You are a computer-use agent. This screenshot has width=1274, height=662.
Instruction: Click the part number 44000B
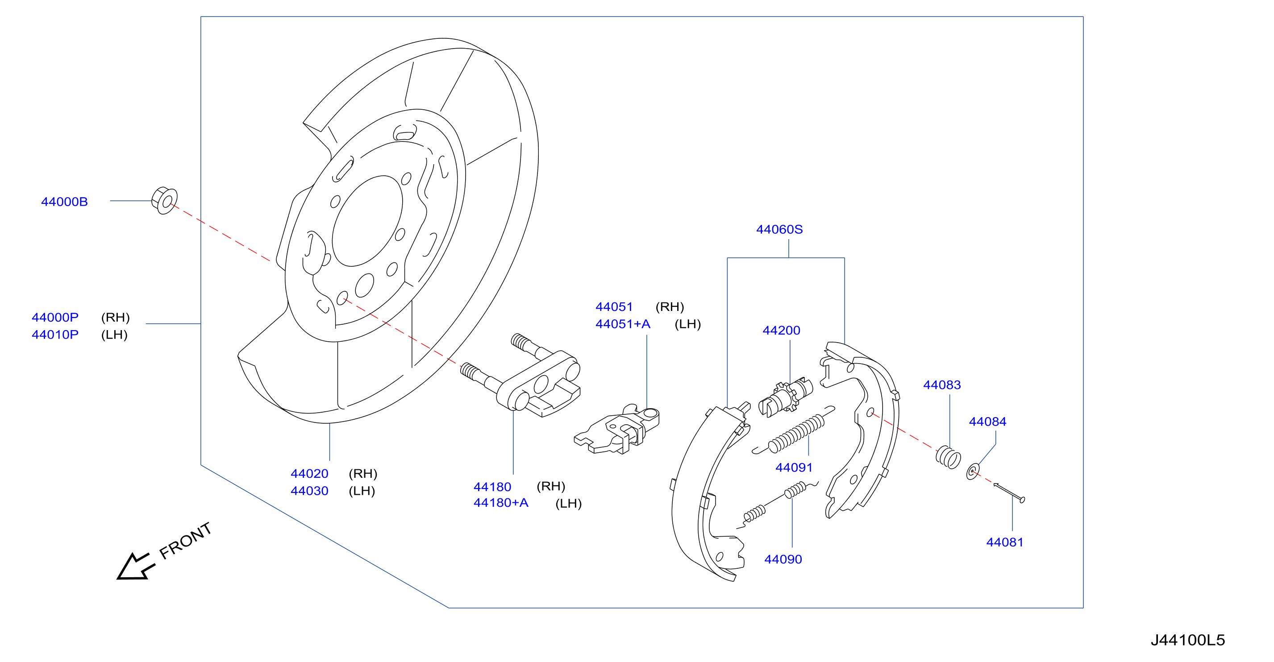64,202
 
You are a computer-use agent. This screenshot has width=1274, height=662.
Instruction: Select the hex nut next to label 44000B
164,200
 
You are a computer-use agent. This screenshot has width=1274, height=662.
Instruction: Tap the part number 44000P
55,318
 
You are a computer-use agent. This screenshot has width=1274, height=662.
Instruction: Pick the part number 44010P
55,335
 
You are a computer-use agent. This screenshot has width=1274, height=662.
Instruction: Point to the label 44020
310,474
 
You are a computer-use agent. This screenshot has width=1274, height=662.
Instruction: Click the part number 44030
310,491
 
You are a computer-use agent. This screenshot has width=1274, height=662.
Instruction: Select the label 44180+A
501,503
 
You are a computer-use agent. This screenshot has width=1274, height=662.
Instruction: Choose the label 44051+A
623,324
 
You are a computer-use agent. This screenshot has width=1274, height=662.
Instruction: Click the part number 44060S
779,229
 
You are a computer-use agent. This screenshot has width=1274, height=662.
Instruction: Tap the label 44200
782,330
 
